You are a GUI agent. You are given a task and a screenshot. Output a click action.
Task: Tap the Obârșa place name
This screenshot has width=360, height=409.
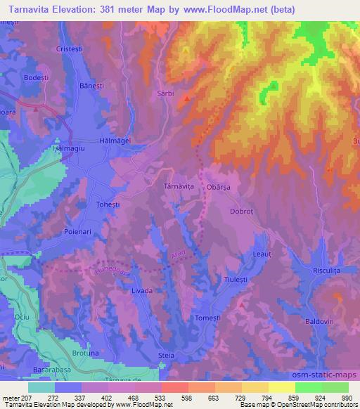pos(223,187)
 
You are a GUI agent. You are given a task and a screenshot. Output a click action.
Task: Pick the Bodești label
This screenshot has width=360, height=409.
pos(36,77)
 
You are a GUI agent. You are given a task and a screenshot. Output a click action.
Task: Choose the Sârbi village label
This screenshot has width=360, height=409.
pos(164,93)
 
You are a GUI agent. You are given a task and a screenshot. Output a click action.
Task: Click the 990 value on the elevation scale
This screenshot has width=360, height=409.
pos(346,397)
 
